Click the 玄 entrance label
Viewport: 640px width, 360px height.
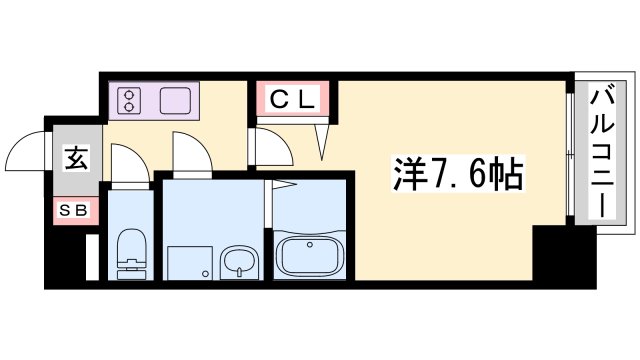(x=75, y=158)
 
